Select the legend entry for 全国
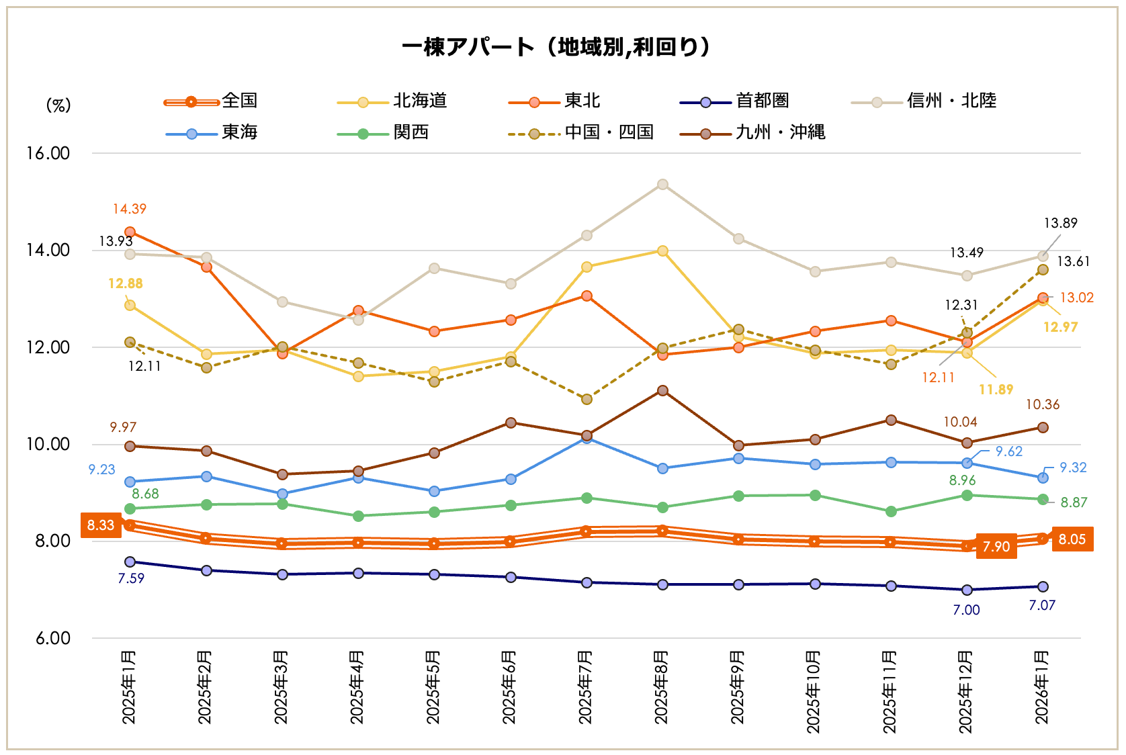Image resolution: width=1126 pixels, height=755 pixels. click(211, 101)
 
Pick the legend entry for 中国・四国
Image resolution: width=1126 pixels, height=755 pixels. click(581, 132)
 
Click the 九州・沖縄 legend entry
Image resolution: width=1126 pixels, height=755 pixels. click(752, 132)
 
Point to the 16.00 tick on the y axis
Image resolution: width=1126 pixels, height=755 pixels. click(48, 153)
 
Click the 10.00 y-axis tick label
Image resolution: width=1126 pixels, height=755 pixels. click(48, 444)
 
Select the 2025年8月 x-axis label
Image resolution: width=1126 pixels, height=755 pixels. click(662, 686)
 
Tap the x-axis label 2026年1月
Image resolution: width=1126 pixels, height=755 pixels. click(1042, 686)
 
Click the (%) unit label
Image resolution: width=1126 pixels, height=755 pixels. click(58, 105)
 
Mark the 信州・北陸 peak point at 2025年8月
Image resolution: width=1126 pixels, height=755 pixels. click(662, 184)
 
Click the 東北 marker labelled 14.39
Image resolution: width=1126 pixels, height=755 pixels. click(130, 232)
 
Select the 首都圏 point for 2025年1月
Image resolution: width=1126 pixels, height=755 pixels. click(130, 562)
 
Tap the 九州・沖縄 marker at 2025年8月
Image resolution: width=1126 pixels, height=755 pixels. click(662, 390)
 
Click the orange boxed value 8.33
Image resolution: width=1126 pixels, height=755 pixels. click(101, 525)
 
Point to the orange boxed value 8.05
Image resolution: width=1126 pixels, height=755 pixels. click(1072, 539)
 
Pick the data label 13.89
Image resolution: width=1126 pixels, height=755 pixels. click(1060, 223)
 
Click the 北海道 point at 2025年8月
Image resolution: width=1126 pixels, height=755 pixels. click(662, 251)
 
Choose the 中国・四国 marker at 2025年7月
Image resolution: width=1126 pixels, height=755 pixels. click(587, 399)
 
